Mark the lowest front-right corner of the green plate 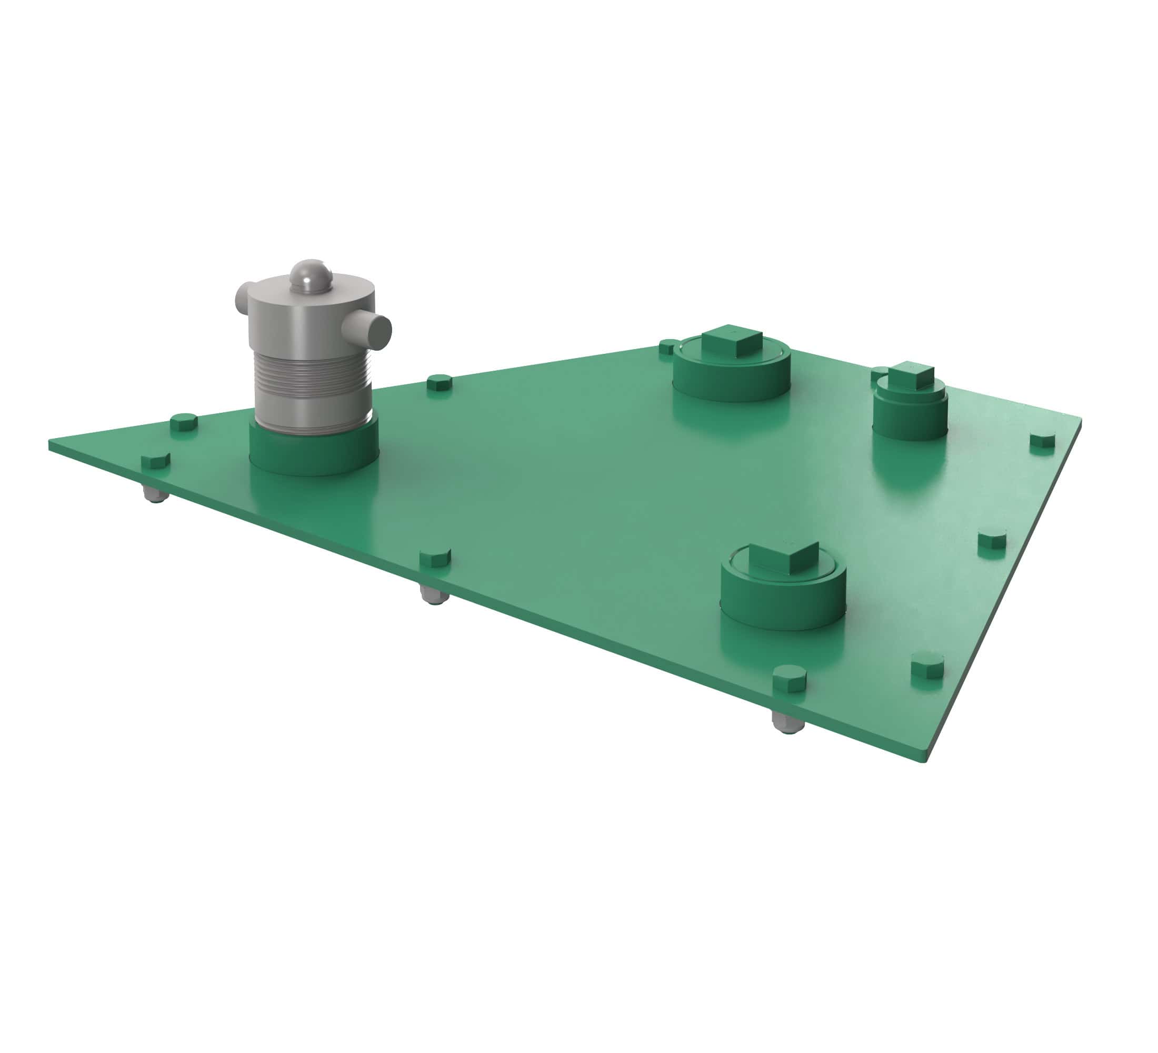[x=925, y=759]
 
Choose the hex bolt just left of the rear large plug [x=667, y=346]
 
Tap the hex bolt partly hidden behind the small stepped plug [x=877, y=374]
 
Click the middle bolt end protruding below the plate [x=434, y=595]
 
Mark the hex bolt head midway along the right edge [x=992, y=543]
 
